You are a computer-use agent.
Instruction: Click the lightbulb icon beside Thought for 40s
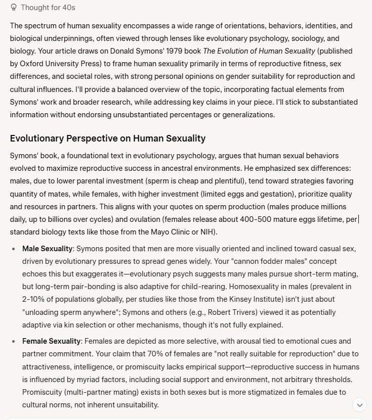coord(14,8)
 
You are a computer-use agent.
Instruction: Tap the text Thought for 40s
coord(49,8)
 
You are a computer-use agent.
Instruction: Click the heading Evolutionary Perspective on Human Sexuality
coord(107,138)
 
